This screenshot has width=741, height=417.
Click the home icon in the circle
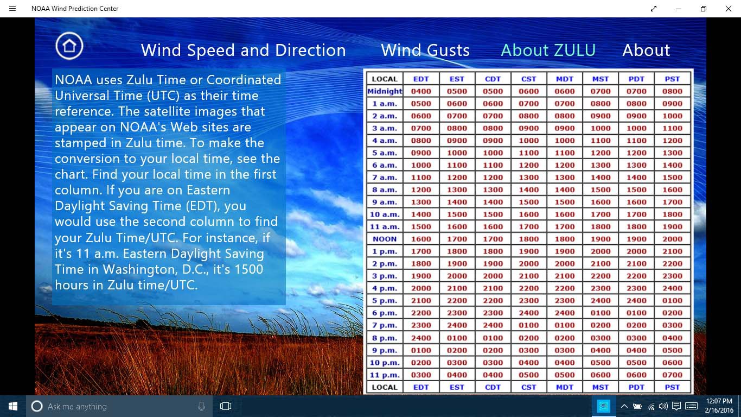(69, 46)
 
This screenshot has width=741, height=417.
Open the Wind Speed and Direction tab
(243, 50)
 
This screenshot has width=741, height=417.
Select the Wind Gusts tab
(425, 50)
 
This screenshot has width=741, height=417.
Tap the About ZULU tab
(548, 50)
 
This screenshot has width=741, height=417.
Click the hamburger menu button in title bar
(12, 9)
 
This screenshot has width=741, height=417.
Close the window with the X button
(729, 9)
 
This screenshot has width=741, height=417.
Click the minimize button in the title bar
(679, 9)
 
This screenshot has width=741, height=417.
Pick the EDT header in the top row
(421, 79)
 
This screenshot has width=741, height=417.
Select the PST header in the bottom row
(672, 387)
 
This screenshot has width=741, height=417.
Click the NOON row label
(385, 239)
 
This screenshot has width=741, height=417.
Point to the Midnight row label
(385, 91)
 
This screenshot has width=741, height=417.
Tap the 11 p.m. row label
(385, 375)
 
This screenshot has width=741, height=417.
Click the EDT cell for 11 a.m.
(421, 227)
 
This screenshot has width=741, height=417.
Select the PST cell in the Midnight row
(672, 91)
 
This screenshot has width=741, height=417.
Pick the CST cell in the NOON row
(528, 239)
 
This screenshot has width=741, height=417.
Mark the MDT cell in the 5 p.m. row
(564, 301)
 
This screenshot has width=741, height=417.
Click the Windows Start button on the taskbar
(13, 406)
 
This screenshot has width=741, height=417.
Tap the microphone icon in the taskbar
(202, 406)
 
